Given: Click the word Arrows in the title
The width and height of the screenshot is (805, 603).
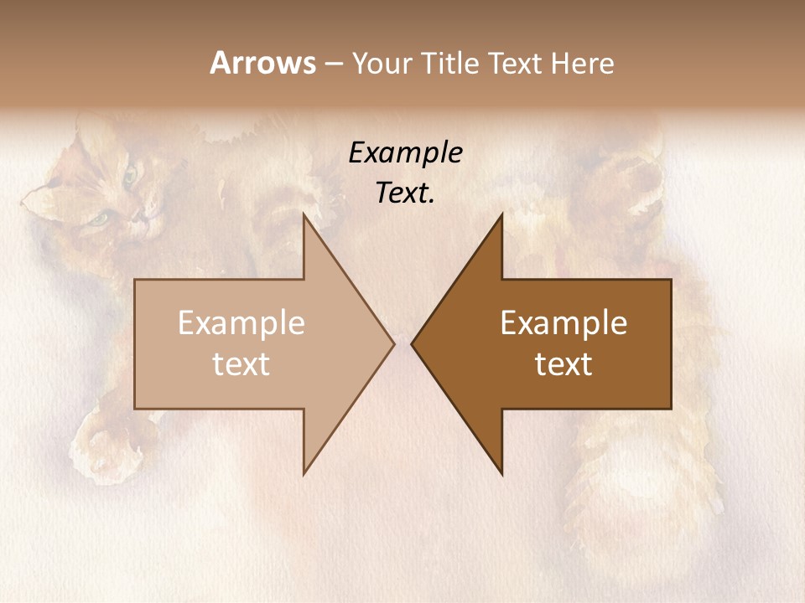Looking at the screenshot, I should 263,63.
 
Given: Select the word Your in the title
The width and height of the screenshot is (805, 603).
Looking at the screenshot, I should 380,63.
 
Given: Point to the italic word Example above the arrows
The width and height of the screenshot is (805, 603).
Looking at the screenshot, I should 405,152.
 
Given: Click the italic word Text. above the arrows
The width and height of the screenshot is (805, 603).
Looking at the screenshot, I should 405,193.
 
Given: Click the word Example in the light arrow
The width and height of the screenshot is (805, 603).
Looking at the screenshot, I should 241,322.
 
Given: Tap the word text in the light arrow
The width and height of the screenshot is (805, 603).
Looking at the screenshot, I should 241,364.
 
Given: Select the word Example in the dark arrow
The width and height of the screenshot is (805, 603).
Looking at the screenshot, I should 563,322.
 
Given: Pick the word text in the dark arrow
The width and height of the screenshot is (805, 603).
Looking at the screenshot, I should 563,364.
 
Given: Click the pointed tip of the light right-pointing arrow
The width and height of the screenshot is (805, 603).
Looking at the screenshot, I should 394,343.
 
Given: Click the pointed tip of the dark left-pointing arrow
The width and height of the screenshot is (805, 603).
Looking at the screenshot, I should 412,343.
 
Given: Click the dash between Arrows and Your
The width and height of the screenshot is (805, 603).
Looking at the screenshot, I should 333,64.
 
